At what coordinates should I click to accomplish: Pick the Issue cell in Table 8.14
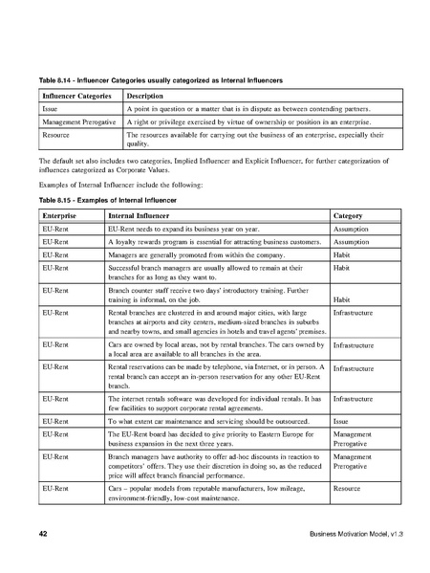click(x=50, y=111)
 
